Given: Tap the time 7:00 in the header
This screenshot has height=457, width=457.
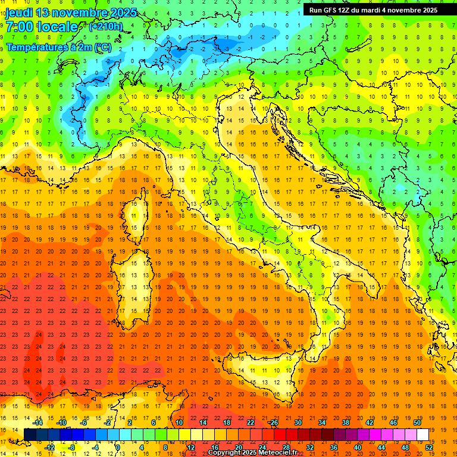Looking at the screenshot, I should pos(18,27).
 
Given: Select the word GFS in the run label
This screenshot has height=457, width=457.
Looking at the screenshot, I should pos(330,10).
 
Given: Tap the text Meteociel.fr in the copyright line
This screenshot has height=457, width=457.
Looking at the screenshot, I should pos(277,453).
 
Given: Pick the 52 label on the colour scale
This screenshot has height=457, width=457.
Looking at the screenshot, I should pos(429,447).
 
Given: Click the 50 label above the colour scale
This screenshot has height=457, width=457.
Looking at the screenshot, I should pos(417,422).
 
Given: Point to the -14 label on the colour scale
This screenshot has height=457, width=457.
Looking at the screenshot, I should pos(37,422).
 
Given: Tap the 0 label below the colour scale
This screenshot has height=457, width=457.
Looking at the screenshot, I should pos(118,447).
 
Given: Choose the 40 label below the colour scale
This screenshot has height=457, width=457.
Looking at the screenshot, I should pos(358,447).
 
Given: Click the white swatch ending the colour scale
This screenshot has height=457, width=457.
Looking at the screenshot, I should pos(423,435).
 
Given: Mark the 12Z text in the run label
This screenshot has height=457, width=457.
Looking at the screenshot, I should pos(344,10).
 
